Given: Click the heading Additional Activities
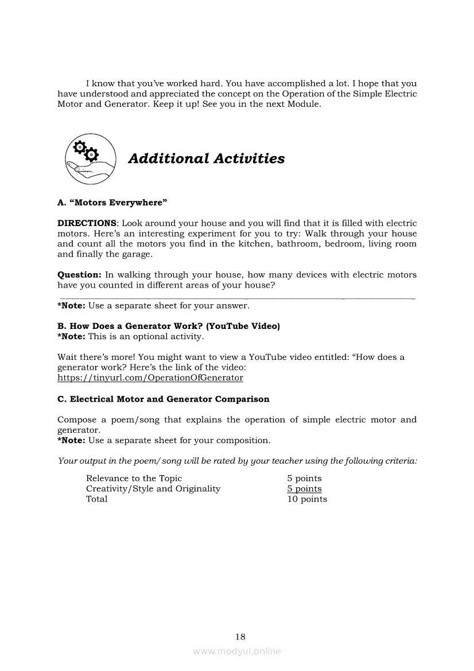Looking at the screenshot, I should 206,158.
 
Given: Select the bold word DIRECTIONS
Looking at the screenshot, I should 87,223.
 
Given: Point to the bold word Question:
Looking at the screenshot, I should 79,275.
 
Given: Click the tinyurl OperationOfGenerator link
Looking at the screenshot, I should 150,378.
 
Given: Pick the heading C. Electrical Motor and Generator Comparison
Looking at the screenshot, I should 163,399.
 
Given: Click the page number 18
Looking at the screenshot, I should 240,636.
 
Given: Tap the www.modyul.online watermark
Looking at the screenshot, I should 237,651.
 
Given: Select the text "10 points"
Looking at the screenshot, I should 307,499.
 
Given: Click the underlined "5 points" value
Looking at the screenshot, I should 304,489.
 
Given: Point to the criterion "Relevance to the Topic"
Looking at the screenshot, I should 134,479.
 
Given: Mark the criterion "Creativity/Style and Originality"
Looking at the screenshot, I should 153,489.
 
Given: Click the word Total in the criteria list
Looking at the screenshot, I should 96,499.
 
